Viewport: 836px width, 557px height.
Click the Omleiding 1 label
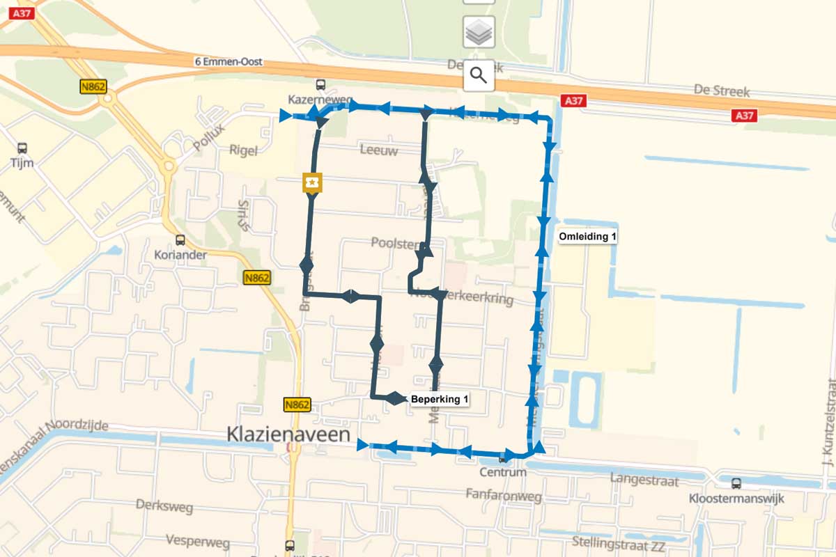(x=588, y=237)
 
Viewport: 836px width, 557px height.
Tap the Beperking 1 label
(x=439, y=399)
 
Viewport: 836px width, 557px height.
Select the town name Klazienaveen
(x=297, y=434)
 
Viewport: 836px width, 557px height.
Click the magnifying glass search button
(x=479, y=75)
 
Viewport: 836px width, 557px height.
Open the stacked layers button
(x=479, y=32)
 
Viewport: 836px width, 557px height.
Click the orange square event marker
(x=311, y=182)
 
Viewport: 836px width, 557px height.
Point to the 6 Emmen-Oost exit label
(x=229, y=62)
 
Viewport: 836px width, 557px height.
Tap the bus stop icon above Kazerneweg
(x=320, y=85)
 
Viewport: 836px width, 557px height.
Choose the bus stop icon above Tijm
(x=22, y=148)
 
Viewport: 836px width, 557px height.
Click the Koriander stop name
(x=180, y=255)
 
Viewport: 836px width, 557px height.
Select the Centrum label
(x=503, y=472)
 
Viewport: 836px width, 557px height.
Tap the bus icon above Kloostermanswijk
(x=736, y=483)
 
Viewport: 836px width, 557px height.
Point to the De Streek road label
(x=722, y=91)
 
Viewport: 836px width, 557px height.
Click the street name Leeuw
(x=379, y=150)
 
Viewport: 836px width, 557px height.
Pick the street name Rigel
(x=243, y=150)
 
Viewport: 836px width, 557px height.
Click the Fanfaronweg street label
(x=504, y=495)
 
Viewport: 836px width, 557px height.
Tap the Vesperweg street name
(x=193, y=540)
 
